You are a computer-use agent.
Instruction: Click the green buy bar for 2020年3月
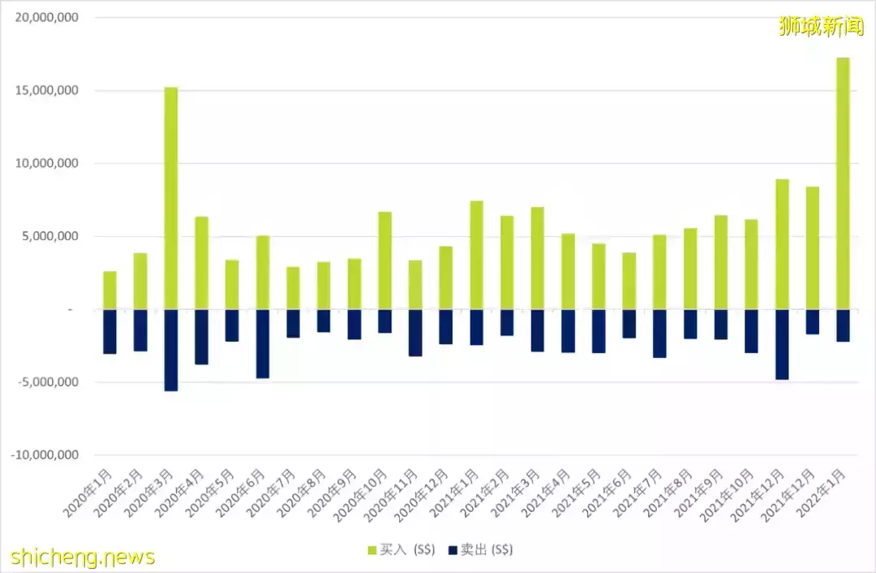click(171, 198)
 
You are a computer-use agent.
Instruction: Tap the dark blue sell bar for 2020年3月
click(171, 350)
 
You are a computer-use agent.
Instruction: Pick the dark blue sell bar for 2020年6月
click(263, 343)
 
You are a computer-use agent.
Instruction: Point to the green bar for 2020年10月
click(385, 261)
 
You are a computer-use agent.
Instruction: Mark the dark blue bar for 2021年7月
click(660, 334)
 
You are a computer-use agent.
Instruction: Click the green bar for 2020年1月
click(109, 290)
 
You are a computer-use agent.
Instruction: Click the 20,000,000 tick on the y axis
click(45, 17)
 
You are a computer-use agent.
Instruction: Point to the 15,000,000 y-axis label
click(45, 90)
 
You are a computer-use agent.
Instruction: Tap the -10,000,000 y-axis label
click(44, 455)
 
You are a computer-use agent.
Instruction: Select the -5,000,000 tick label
click(47, 382)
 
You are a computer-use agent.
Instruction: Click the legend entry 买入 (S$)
click(402, 550)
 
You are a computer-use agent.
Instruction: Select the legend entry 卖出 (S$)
click(481, 550)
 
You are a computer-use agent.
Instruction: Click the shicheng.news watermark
click(83, 557)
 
